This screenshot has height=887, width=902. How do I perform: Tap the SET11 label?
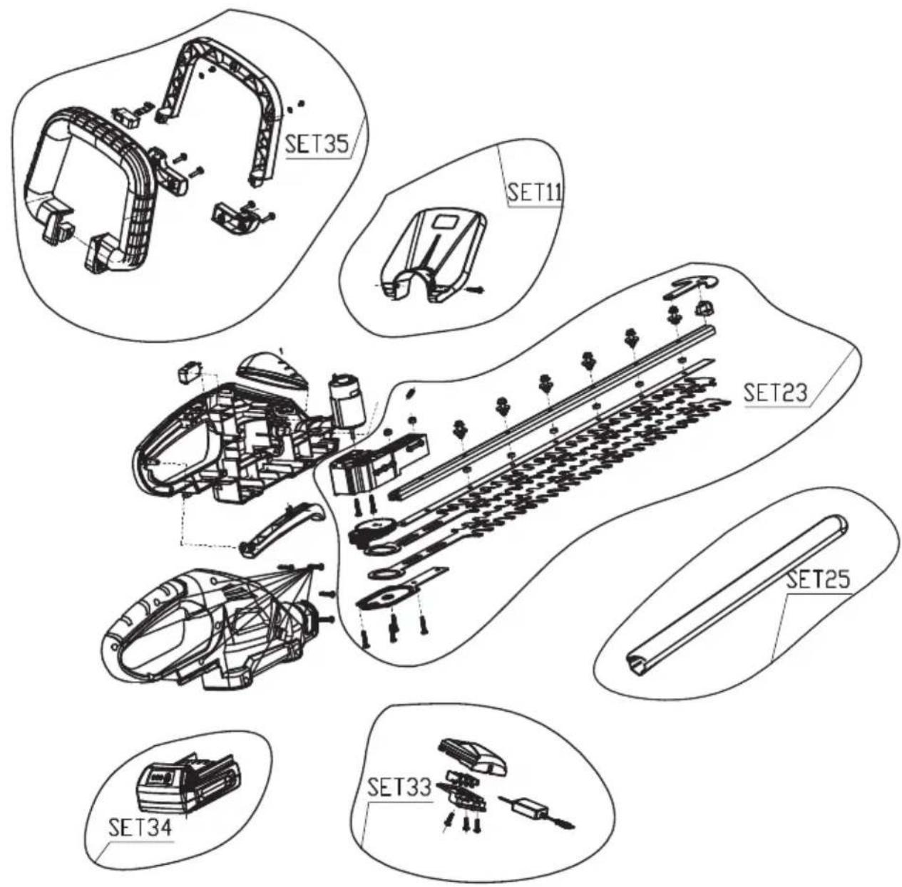[535, 192]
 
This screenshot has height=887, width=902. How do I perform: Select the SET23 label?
[776, 393]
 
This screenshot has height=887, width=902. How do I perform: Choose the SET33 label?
[399, 787]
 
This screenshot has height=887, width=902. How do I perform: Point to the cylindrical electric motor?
[347, 401]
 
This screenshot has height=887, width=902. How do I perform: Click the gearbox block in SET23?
[379, 465]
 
